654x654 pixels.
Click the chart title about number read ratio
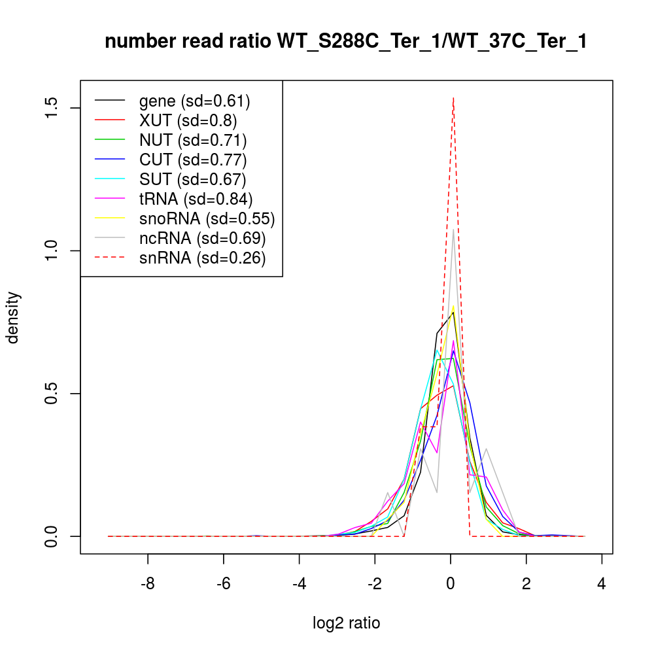click(346, 41)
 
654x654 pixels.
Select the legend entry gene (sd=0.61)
click(194, 101)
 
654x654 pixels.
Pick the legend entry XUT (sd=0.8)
click(188, 120)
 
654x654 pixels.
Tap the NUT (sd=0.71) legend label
click(193, 140)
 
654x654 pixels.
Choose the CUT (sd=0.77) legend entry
click(193, 160)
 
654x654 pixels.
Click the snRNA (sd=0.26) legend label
click(202, 258)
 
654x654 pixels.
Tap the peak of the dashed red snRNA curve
click(453, 98)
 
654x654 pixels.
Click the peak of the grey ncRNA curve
click(453, 230)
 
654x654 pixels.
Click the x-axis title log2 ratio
click(346, 623)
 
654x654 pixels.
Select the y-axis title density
click(14, 317)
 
